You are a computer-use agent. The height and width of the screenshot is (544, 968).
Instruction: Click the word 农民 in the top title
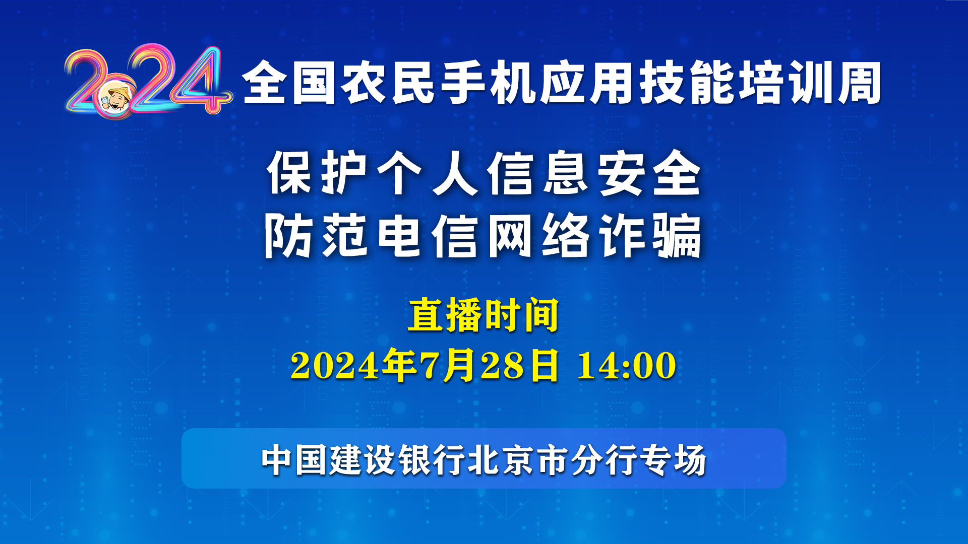tap(388, 83)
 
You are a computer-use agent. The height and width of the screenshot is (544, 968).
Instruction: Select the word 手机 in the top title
tap(488, 83)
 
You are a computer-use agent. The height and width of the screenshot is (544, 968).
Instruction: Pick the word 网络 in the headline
tap(538, 235)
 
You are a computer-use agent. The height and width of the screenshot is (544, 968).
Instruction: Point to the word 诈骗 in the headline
tap(650, 235)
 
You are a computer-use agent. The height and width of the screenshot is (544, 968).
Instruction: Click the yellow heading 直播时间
tap(483, 315)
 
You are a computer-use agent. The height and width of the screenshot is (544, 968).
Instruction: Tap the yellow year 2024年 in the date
tap(352, 365)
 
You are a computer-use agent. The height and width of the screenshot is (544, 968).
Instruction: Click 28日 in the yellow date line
tap(520, 365)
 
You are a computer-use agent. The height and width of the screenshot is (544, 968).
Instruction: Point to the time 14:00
tap(627, 365)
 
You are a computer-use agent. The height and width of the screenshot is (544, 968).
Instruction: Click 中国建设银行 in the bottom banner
tap(364, 460)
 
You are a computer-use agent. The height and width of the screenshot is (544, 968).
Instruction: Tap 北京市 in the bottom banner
tap(519, 460)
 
